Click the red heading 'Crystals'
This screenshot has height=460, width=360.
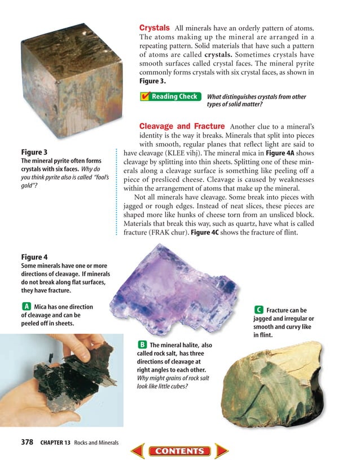tap(155, 27)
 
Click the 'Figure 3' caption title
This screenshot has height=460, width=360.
tap(34, 152)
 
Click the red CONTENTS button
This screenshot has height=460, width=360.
tap(180, 450)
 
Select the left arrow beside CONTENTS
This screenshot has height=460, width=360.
tap(138, 450)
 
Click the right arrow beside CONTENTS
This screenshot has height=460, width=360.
tap(222, 450)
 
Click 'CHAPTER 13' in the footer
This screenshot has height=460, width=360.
tap(55, 443)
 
